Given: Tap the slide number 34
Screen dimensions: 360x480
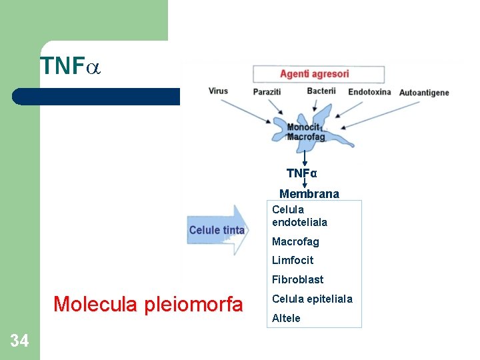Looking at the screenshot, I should pyautogui.click(x=19, y=341).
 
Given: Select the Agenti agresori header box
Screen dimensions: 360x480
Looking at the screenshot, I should pyautogui.click(x=319, y=74).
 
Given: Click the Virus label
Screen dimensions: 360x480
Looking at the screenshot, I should pyautogui.click(x=219, y=91).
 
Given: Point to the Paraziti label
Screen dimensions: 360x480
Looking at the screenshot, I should pyautogui.click(x=267, y=91).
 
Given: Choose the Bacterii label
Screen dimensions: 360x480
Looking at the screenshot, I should pyautogui.click(x=321, y=91).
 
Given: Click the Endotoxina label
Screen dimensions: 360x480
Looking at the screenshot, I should pyautogui.click(x=369, y=92).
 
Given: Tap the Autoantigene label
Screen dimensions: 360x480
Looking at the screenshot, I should pyautogui.click(x=424, y=93).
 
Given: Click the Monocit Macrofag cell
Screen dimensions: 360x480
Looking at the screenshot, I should pyautogui.click(x=306, y=131).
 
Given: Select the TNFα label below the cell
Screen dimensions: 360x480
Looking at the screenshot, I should pyautogui.click(x=302, y=173).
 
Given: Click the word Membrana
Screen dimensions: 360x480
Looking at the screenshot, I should pyautogui.click(x=309, y=194).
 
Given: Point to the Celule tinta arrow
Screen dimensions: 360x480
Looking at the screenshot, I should pyautogui.click(x=217, y=231).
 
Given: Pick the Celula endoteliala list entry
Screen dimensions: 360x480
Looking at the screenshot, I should pyautogui.click(x=299, y=216).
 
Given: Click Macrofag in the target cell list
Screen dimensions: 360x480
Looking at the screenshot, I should pyautogui.click(x=295, y=241).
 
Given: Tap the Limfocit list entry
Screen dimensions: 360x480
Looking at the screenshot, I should pyautogui.click(x=292, y=260).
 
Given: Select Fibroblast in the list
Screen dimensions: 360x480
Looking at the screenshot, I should pyautogui.click(x=297, y=279).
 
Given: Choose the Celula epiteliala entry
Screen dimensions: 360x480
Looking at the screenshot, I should pyautogui.click(x=312, y=299).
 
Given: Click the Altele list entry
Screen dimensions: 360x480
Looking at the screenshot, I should pyautogui.click(x=286, y=318).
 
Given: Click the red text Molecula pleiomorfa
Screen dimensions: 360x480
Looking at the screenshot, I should pyautogui.click(x=148, y=305).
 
